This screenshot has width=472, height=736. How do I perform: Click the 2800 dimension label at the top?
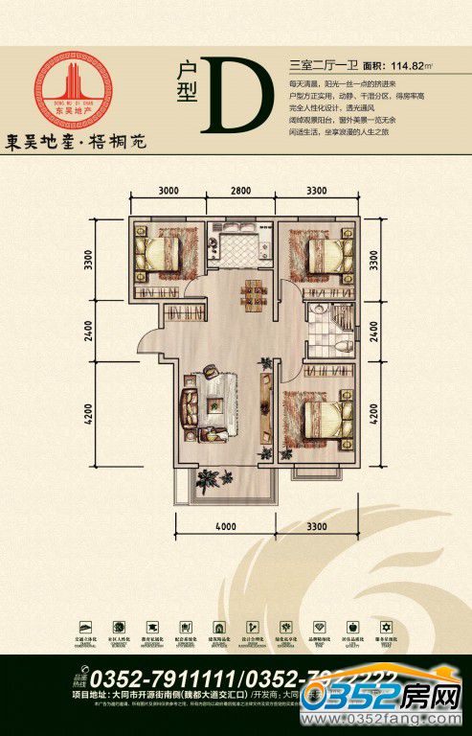pyautogui.click(x=240, y=191)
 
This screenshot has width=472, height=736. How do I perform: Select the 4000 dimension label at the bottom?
pyautogui.click(x=225, y=527)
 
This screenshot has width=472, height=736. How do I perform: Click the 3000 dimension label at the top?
pyautogui.click(x=169, y=191)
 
